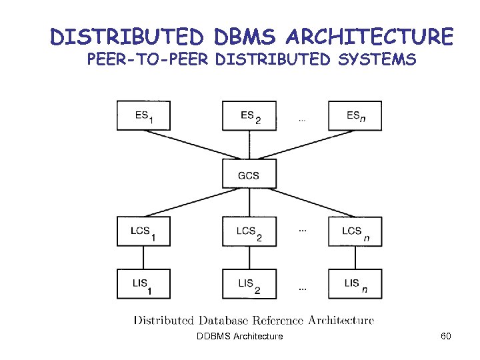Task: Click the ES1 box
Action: point(143,115)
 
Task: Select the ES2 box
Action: point(249,115)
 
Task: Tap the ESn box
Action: point(355,115)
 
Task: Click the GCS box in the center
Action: point(249,175)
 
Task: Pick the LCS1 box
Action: point(143,231)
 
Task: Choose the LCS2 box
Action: point(249,231)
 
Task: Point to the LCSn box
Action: point(355,231)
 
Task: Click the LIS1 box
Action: point(143,284)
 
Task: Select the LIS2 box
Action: point(249,284)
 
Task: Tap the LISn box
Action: point(355,284)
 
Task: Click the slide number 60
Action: point(446,336)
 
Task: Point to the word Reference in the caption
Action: point(271,321)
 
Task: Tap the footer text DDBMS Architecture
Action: point(240,336)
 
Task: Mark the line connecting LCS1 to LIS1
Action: point(143,257)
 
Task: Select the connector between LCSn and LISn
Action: point(355,257)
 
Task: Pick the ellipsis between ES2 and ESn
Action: point(302,121)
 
